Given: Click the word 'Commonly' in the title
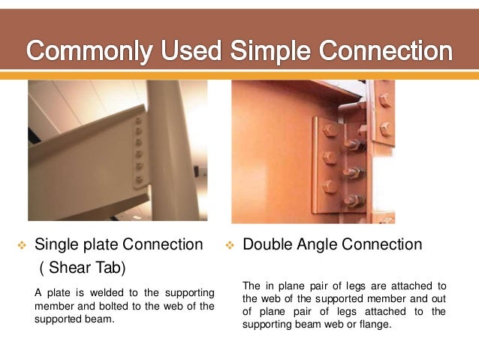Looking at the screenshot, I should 90,52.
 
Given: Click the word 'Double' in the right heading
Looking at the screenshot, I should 268,244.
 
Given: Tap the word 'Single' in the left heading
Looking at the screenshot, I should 58,244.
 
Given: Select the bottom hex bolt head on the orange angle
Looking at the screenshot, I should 329,189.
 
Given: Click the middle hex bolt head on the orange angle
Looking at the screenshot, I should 329,159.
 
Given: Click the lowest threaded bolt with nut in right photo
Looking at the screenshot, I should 353,201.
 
